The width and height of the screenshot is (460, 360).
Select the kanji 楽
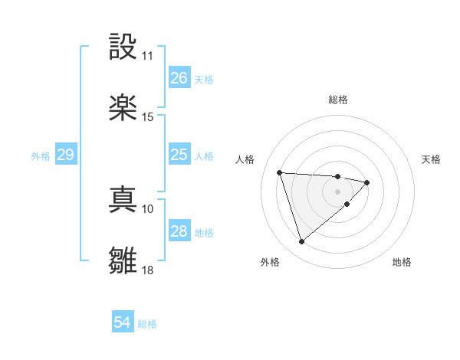click(x=123, y=107)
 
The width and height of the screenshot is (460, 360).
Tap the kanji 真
click(x=123, y=199)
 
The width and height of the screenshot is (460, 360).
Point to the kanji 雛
click(x=123, y=260)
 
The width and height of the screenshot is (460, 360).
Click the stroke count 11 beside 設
click(x=148, y=56)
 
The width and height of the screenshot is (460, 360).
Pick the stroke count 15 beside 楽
click(x=148, y=117)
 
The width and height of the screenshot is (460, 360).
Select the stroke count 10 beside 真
click(x=148, y=208)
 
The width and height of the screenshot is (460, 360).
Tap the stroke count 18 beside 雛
click(x=148, y=270)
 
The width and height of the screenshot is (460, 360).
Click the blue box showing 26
click(x=179, y=78)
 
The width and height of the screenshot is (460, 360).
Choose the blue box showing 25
click(x=179, y=155)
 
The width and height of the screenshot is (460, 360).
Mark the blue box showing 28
click(x=179, y=231)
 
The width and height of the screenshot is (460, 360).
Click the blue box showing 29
click(x=65, y=155)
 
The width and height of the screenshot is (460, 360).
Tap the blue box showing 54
click(x=123, y=322)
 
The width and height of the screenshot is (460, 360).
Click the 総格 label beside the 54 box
click(x=148, y=324)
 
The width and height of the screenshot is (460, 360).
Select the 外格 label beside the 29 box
click(x=41, y=156)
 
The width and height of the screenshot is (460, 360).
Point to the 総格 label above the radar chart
click(x=338, y=100)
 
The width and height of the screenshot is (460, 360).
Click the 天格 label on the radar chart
click(x=432, y=159)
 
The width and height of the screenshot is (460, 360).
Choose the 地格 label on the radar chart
click(x=402, y=262)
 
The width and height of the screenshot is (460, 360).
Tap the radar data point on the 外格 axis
click(x=302, y=242)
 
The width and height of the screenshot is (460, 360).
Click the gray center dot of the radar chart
click(x=337, y=191)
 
